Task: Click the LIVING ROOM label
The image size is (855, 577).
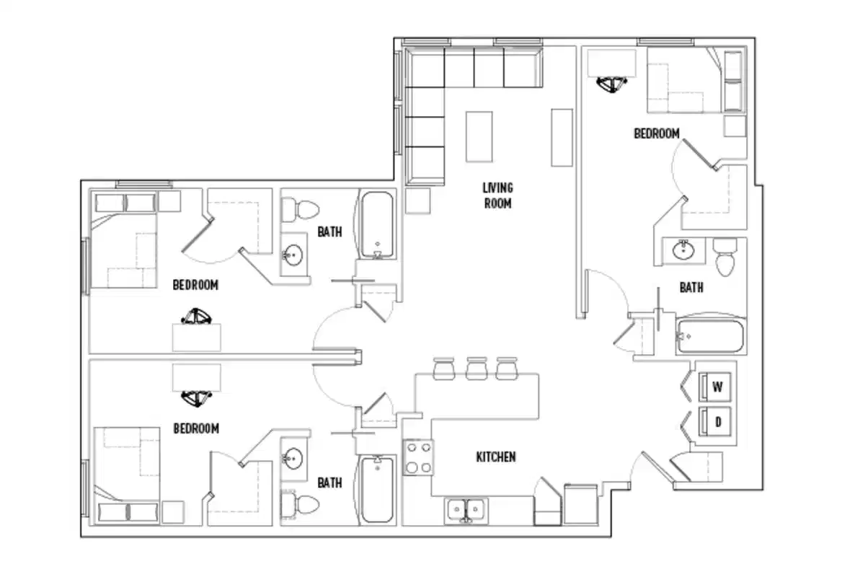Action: [497, 195]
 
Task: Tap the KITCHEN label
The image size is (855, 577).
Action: [495, 457]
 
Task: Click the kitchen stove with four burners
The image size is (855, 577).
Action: [417, 457]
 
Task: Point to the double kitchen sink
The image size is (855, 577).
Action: [466, 509]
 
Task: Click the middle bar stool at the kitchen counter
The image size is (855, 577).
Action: [476, 368]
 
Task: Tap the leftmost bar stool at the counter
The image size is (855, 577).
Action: [443, 368]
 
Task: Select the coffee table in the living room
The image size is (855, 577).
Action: [479, 136]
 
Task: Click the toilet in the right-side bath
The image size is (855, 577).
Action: [725, 255]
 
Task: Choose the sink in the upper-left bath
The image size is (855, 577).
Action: [293, 255]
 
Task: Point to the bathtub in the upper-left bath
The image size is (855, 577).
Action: [376, 225]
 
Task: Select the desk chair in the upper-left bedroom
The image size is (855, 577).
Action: [196, 317]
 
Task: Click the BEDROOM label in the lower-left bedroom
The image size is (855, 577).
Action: [196, 428]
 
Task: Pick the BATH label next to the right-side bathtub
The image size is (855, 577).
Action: [691, 288]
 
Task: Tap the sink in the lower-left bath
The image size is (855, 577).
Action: [293, 457]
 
